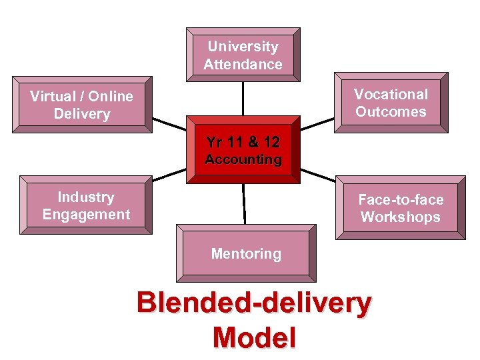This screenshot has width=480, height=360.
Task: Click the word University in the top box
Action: click(243, 47)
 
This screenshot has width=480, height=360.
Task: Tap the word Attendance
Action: click(243, 65)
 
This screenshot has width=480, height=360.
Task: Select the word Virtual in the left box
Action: click(53, 97)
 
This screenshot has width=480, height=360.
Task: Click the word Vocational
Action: click(391, 94)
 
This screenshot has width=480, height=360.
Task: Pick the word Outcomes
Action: click(391, 112)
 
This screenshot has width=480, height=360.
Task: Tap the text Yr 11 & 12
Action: click(243, 142)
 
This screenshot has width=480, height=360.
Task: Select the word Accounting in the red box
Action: click(243, 160)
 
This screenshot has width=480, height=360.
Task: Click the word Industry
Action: click(86, 197)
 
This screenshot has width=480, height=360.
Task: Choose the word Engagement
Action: click(86, 215)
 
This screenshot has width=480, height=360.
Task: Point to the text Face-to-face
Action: click(401, 199)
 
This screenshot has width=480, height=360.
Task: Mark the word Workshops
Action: click(401, 217)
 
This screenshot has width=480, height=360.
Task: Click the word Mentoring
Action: click(246, 254)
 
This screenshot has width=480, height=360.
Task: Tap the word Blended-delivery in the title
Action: click(254, 303)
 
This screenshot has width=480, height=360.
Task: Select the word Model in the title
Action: click(254, 337)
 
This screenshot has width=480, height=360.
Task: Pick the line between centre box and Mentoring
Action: click(244, 203)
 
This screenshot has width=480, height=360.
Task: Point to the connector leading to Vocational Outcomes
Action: click(317, 124)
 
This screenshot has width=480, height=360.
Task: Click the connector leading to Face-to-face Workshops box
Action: click(319, 175)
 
